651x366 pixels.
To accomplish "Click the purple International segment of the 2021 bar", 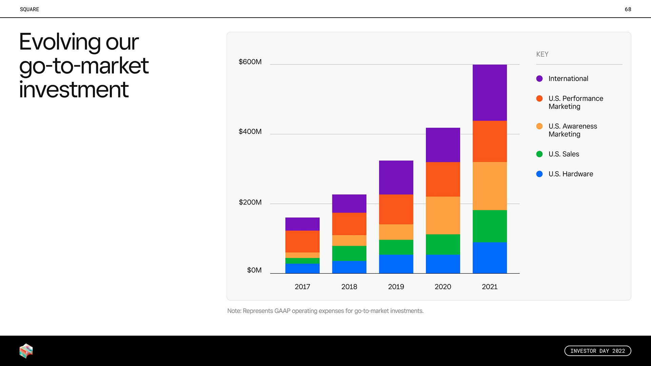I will (x=490, y=93).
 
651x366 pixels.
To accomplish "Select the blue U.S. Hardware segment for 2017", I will (x=302, y=268).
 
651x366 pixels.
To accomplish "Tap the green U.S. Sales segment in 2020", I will (x=443, y=244).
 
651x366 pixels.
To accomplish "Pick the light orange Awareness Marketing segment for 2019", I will (x=396, y=232).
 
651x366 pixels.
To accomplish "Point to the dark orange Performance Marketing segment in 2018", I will (x=349, y=224).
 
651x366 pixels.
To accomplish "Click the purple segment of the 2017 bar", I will (x=302, y=224).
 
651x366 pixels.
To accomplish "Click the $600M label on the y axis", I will (x=250, y=62).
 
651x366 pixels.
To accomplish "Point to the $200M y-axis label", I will (x=250, y=203).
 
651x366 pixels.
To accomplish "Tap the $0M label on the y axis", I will (x=254, y=270).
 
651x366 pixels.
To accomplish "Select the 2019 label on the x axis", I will (x=396, y=287).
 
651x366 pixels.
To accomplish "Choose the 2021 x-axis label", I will (x=490, y=287).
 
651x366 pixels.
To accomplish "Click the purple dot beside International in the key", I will (x=539, y=79).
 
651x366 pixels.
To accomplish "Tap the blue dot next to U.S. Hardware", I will (x=539, y=174).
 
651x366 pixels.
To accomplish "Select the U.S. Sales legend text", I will (x=564, y=154).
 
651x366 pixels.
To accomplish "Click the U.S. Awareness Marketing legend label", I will (x=572, y=130).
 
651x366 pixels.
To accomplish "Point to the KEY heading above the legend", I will (x=542, y=54).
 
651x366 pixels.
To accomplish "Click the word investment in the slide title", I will (x=74, y=90).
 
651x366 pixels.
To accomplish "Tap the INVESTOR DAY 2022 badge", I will (x=597, y=351).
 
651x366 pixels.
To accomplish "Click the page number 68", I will (x=628, y=9).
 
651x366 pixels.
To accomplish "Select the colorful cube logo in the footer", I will (x=26, y=351).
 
